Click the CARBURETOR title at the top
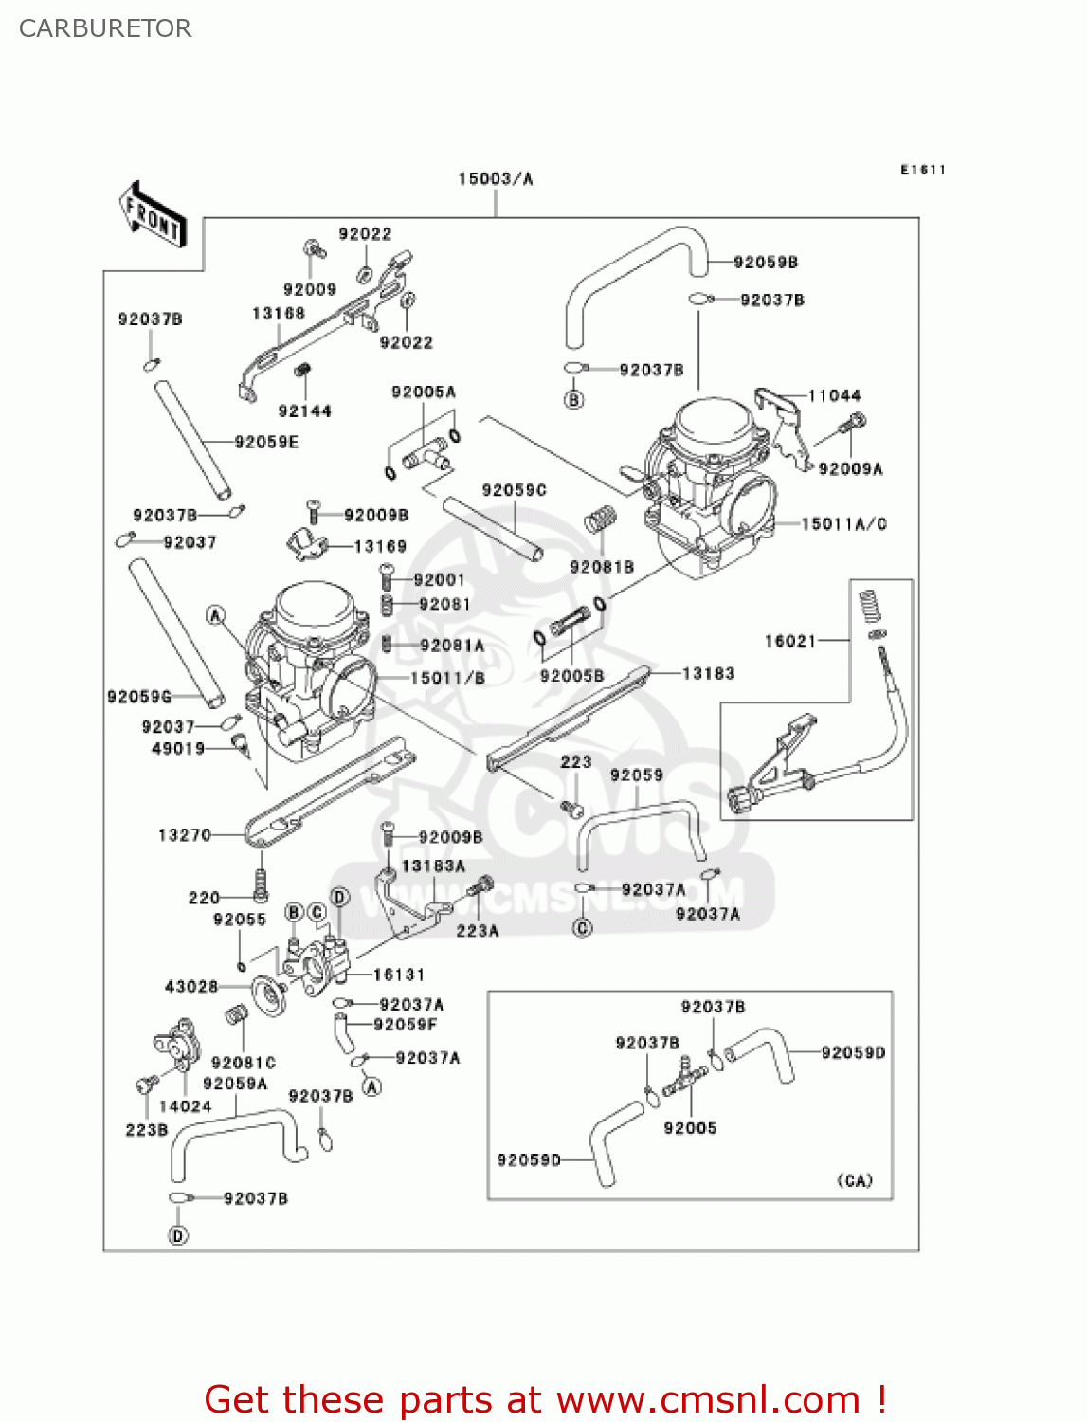coord(105,28)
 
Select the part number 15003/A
coord(495,178)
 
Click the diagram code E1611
coord(922,170)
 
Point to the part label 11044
coord(834,395)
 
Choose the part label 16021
coord(790,641)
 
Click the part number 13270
coord(184,835)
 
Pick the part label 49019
coord(178,749)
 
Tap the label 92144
coord(304,410)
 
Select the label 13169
coord(379,546)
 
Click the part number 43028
coord(191,987)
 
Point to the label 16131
coord(399,975)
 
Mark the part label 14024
coord(185,1106)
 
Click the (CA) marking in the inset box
coord(855,1180)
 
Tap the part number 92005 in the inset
coord(690,1128)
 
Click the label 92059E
coord(266,442)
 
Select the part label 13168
coord(279,314)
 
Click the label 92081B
coord(602,567)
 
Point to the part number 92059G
coord(139,697)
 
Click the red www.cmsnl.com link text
coord(708,1399)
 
